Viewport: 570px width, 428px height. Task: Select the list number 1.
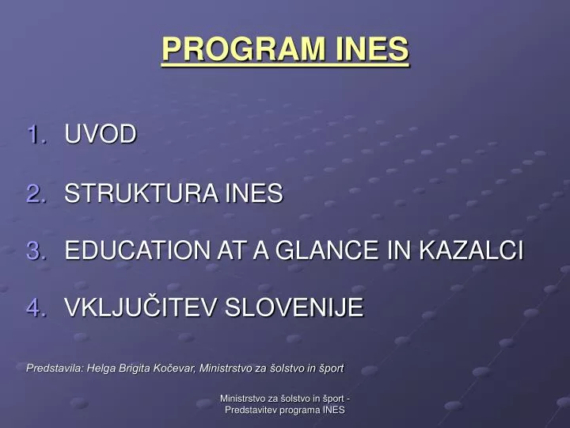36,134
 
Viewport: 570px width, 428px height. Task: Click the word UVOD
101,134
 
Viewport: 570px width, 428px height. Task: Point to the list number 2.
36,193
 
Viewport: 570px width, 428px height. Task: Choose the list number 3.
36,250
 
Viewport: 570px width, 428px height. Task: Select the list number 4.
36,307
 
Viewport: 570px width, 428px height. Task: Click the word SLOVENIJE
294,307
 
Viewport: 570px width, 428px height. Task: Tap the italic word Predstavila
55,368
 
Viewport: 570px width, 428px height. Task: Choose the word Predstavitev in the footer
251,410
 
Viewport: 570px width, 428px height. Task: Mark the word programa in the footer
300,410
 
